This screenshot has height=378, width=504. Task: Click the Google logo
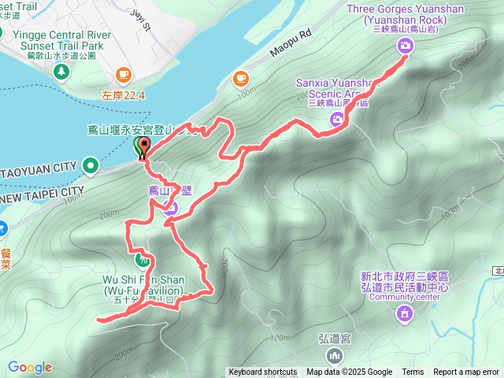30,367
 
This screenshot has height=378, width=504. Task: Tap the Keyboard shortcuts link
263,372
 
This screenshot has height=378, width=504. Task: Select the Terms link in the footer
413,372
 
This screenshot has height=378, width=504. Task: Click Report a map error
466,372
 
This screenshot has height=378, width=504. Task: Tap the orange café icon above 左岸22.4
123,74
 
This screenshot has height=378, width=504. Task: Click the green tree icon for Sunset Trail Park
61,72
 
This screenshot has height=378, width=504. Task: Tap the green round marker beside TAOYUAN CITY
91,165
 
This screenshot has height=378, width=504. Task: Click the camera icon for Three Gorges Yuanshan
405,46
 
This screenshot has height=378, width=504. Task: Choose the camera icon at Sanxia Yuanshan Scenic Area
337,120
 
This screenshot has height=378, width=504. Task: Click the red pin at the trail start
145,146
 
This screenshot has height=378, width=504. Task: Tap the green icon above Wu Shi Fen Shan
143,258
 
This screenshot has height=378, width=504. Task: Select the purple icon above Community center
405,313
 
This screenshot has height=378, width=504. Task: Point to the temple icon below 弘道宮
335,357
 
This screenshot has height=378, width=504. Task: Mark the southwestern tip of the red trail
98,319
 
